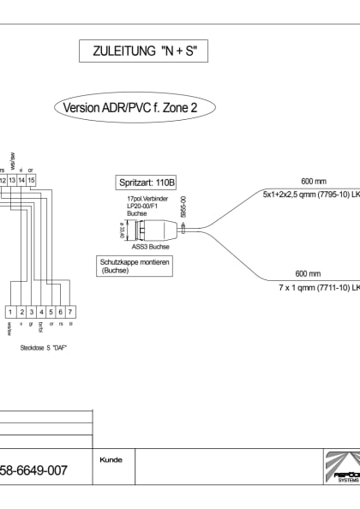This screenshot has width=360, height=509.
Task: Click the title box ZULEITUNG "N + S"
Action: point(143,52)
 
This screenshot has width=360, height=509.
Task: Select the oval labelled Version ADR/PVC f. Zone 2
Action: point(135,109)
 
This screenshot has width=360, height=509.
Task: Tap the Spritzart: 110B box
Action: point(143,183)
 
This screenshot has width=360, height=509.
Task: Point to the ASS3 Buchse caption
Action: point(152,247)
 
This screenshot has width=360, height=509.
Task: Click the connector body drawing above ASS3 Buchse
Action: point(155,230)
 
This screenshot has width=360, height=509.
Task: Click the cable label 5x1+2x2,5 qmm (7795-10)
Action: point(309,195)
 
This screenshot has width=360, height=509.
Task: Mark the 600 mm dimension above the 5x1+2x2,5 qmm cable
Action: point(312,182)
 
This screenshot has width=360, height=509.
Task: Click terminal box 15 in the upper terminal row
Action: point(31,180)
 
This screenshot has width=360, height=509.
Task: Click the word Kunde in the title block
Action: point(111,460)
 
